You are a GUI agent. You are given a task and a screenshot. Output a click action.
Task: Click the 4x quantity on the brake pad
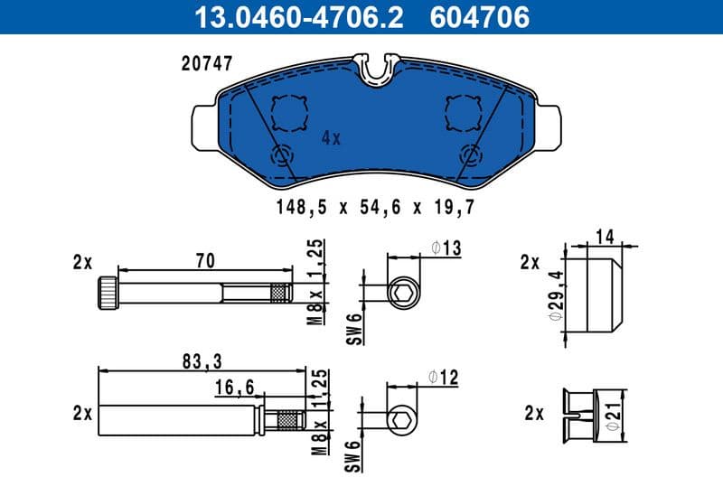pyautogui.click(x=331, y=138)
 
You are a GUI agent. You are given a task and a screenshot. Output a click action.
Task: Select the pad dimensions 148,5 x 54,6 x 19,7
pyautogui.click(x=375, y=207)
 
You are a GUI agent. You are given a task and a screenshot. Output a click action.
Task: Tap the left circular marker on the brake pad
pyautogui.click(x=282, y=154)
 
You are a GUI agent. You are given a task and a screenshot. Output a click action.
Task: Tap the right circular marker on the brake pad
pyautogui.click(x=471, y=154)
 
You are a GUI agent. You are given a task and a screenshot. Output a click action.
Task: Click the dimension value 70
pyautogui.click(x=205, y=261)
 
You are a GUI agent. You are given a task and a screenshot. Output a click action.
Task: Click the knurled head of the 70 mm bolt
pyautogui.click(x=107, y=294)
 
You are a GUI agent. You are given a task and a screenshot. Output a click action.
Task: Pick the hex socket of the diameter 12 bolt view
pyautogui.click(x=402, y=420)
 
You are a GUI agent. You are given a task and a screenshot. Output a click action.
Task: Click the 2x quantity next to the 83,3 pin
pyautogui.click(x=83, y=413)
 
